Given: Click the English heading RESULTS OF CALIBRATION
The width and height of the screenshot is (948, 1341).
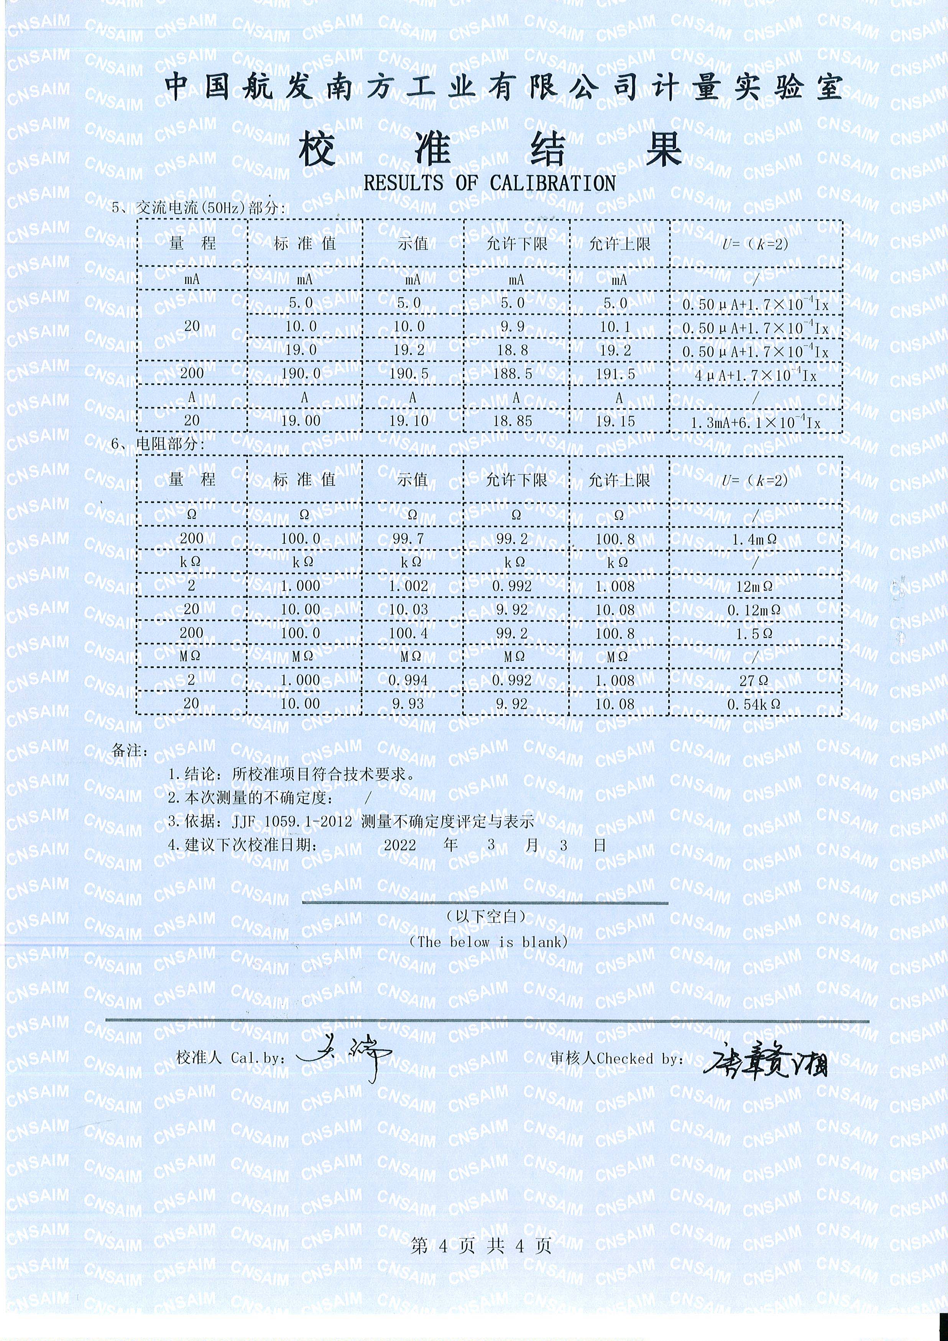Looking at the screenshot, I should pos(489,183).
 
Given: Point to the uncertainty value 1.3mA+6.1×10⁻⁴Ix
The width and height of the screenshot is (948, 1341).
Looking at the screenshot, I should pos(755,422).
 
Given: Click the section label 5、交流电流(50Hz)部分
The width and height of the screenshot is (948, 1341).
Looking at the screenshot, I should pos(199,207).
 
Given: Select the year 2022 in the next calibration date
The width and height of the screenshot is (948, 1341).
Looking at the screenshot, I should pos(400,845).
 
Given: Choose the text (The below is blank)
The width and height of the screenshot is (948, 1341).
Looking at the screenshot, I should pos(488,941).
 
